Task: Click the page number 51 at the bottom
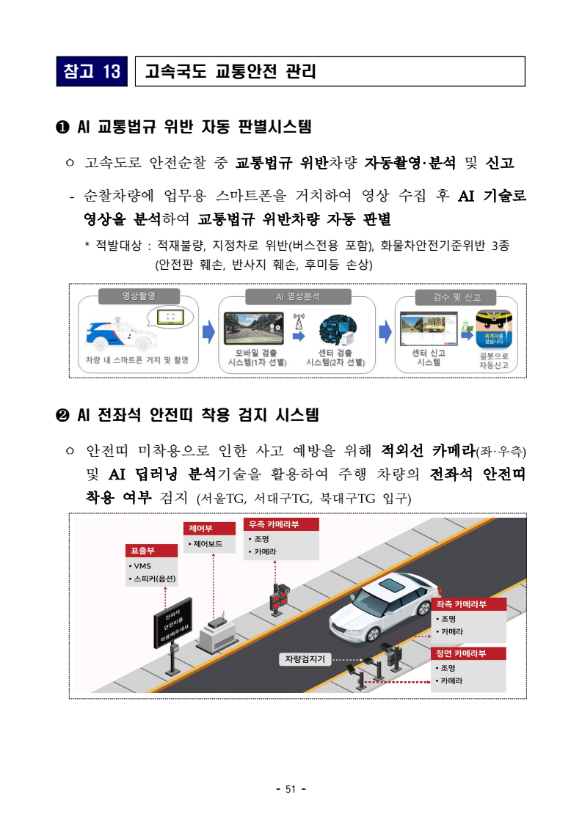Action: click(x=290, y=789)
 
